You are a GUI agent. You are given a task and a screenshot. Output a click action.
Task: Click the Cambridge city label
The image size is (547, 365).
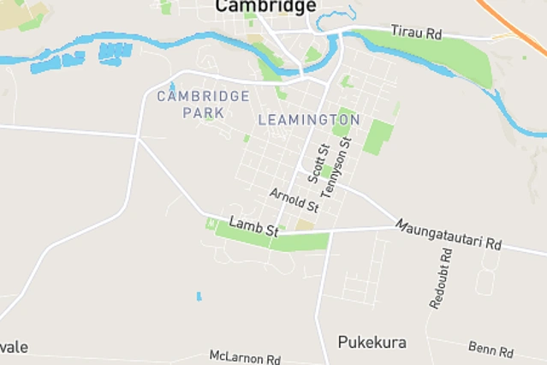[265, 7]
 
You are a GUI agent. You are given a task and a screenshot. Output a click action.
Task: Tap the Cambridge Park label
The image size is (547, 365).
[203, 104]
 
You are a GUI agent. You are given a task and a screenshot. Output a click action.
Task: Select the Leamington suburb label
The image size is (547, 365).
[308, 119]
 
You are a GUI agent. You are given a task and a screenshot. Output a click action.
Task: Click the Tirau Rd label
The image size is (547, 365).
[416, 32]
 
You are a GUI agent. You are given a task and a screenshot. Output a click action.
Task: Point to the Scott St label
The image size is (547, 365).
[318, 164]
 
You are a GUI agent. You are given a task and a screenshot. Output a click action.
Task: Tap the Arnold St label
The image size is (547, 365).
[294, 200]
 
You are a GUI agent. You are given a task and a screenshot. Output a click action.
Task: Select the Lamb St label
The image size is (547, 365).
[254, 227]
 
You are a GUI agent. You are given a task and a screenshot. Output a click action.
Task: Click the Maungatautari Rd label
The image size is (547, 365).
[447, 234]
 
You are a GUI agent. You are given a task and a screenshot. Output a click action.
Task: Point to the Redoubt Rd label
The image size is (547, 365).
[441, 278]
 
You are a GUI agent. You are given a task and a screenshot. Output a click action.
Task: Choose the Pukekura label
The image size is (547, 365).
[372, 343]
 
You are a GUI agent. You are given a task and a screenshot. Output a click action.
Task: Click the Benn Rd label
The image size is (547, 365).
[491, 349]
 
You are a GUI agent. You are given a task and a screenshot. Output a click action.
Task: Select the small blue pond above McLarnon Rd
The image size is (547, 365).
[199, 296]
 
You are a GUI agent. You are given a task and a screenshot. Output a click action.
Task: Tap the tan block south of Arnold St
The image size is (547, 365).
[306, 224]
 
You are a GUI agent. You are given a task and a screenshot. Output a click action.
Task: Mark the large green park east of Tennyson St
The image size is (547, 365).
[378, 137]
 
